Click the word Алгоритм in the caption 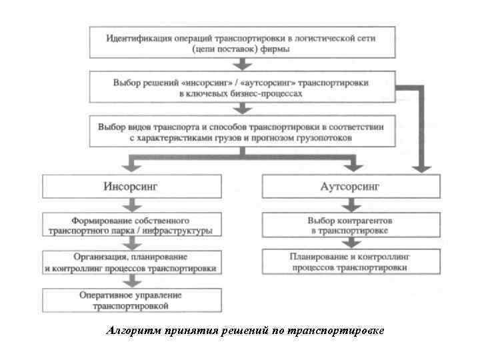click(128, 331)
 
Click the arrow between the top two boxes click(243, 64)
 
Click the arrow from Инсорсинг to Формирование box click(131, 204)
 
